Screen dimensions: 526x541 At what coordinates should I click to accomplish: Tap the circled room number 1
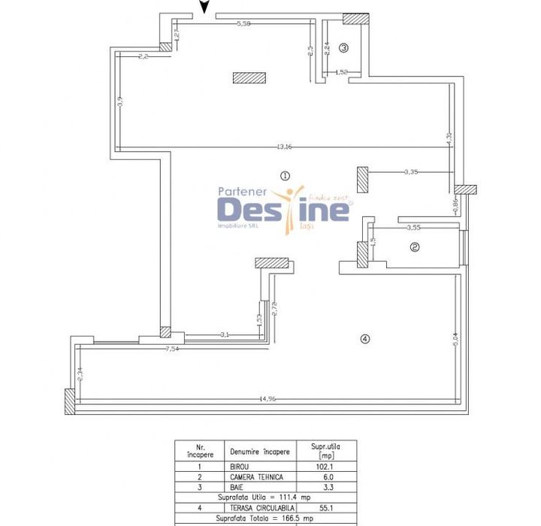[x=284, y=175]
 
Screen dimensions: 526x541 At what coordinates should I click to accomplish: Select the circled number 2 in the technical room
[x=414, y=246]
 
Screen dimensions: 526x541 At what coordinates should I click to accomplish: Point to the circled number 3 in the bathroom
[x=343, y=47]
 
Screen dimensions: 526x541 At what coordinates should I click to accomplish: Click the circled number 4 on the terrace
[x=365, y=339]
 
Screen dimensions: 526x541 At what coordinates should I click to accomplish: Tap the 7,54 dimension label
[x=173, y=349]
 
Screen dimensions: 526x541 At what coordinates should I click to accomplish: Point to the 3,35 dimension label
[x=410, y=172]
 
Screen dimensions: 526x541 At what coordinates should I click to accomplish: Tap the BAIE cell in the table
[x=239, y=487]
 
